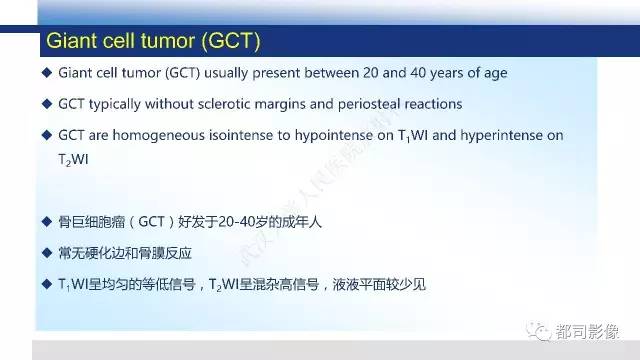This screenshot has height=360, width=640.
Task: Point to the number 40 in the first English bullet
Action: [451, 73]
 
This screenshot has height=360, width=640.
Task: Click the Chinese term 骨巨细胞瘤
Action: [91, 222]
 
